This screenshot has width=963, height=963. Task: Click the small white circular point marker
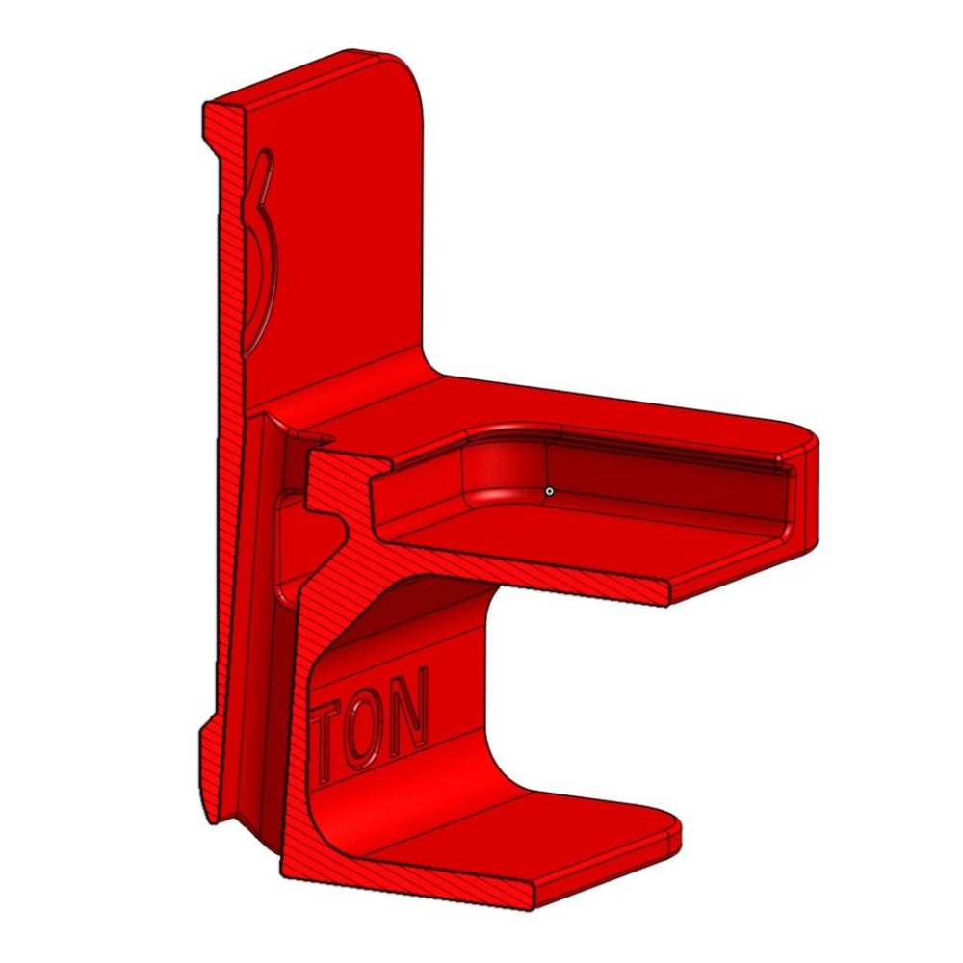(x=549, y=491)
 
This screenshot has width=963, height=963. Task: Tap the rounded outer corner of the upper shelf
(x=804, y=438)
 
